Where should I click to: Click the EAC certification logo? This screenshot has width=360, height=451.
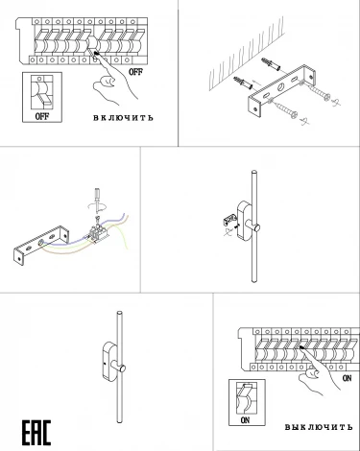point(36,432)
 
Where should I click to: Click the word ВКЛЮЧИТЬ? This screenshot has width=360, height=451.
point(123,118)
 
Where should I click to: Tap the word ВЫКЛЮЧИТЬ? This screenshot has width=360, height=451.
point(319,427)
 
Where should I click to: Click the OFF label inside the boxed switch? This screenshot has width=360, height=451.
point(42,116)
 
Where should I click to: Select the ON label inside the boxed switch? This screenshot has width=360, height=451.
point(245,420)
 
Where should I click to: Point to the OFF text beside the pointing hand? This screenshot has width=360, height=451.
point(135,72)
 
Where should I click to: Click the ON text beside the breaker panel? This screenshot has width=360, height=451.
point(347,378)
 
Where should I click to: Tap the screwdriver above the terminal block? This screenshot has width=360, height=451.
point(96,200)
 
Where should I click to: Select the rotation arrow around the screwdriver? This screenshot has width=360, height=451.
point(96,206)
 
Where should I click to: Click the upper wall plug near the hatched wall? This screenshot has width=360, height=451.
point(271,65)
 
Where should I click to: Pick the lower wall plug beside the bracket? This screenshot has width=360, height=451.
point(243,83)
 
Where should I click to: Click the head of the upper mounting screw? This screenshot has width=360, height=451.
point(325,96)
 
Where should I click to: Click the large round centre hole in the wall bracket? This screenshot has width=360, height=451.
point(281,86)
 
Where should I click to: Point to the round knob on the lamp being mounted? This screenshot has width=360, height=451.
point(255,228)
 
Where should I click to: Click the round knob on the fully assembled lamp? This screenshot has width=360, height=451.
point(122,368)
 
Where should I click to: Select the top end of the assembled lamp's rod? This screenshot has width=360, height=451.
point(120,313)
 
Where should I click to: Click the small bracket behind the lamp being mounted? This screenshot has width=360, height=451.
point(229,220)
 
